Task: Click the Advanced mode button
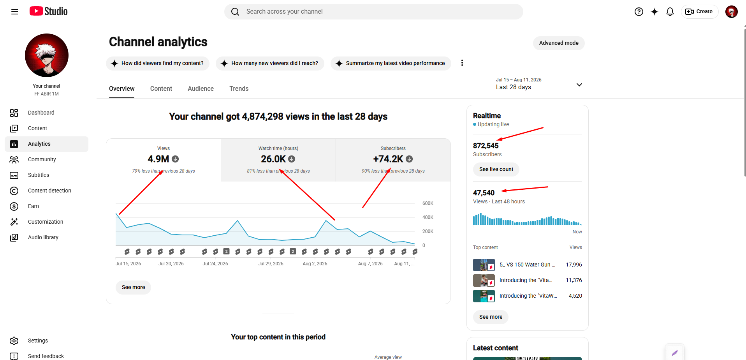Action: (559, 43)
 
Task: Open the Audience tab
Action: (201, 88)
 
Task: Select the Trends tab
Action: (239, 88)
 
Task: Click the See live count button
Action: (496, 169)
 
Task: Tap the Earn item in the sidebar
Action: (33, 206)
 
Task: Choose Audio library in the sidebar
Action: (43, 237)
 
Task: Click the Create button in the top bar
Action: (699, 12)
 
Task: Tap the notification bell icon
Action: (670, 12)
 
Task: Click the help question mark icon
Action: (639, 12)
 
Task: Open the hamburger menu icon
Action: (15, 12)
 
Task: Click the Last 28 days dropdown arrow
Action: (579, 85)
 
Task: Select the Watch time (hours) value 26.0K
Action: (273, 159)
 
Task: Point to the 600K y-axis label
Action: (428, 203)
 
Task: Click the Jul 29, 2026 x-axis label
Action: (271, 264)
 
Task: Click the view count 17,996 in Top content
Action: (574, 265)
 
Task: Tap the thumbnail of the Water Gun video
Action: (484, 265)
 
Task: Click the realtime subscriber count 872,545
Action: (486, 146)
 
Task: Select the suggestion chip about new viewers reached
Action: (270, 63)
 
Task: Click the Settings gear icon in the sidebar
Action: (14, 341)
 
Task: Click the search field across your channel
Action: (374, 12)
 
